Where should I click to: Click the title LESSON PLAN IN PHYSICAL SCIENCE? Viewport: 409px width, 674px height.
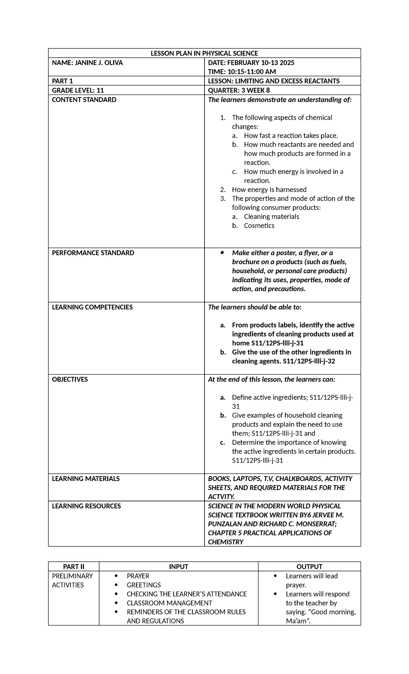(204, 53)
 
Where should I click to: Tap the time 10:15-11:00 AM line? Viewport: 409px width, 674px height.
(242, 72)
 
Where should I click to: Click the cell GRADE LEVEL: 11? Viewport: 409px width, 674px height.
(78, 90)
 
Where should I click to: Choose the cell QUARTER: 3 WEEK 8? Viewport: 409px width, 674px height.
(239, 90)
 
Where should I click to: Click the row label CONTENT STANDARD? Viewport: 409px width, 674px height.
(84, 100)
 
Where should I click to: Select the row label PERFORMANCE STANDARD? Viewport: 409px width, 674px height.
(93, 253)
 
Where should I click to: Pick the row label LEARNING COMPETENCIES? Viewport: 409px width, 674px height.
(92, 307)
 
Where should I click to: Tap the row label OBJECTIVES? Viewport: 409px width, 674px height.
(70, 380)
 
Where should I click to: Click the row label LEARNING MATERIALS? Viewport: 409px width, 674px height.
(86, 479)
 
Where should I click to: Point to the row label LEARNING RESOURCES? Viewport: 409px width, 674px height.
(86, 506)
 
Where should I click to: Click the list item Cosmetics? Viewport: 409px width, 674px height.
(259, 226)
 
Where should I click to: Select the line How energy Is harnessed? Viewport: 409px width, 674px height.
(269, 190)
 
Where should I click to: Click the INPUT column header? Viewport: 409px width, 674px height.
(179, 567)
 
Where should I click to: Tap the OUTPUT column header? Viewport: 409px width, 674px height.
(309, 567)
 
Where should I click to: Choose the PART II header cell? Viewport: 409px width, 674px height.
(74, 567)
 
